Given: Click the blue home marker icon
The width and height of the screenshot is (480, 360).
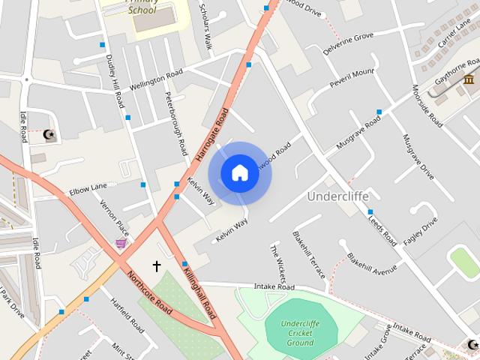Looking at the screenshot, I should point(239,173).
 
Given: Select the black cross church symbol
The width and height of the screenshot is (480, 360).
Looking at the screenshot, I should point(157,266).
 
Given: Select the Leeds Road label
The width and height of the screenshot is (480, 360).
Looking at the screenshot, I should point(382,227).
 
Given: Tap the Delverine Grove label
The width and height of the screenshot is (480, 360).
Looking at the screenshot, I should point(348,44).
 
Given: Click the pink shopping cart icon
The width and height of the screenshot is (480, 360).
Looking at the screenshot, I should point(121,243).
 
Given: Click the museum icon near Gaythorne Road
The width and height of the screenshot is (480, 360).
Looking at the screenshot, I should point(469,80).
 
